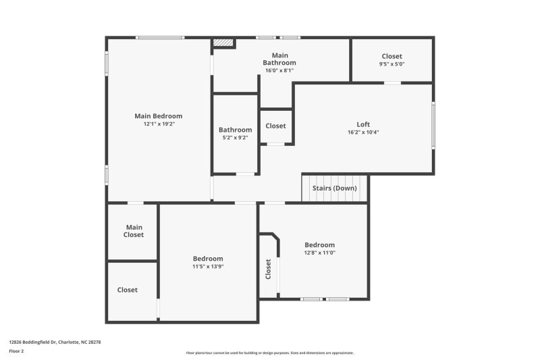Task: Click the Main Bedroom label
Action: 159,116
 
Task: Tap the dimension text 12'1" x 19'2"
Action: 159,124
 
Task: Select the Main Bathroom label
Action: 279,59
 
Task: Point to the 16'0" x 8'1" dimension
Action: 279,71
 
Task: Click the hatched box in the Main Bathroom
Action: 223,43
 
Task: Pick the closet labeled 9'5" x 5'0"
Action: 392,60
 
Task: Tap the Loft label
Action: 363,124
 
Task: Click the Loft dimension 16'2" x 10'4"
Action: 363,132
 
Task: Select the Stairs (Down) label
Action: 334,188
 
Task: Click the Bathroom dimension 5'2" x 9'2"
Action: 235,138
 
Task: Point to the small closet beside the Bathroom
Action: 276,126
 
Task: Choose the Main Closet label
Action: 134,231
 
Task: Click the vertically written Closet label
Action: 268,269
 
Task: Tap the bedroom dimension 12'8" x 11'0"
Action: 319,253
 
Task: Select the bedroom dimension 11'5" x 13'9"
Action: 208,266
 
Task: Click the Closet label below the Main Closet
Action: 128,290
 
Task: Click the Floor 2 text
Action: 16,351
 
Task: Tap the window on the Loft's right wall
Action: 433,126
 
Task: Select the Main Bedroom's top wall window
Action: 160,38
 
